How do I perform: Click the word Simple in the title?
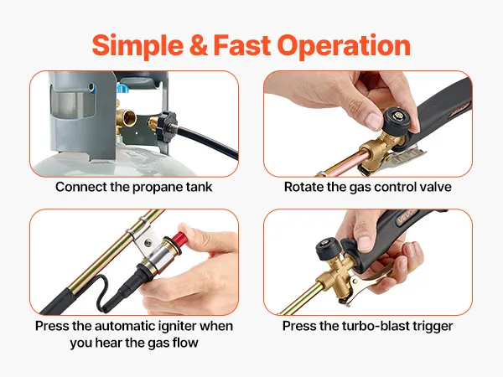(137, 45)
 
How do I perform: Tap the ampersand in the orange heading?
(198, 45)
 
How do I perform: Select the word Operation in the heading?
(344, 46)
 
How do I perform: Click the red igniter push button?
(179, 237)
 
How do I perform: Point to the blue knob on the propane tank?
(122, 87)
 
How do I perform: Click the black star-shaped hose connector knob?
(166, 124)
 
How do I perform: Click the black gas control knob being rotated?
(395, 121)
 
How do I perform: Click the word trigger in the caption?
(434, 327)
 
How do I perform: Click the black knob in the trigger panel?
(327, 248)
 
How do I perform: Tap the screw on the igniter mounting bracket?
(148, 243)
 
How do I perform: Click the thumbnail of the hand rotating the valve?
(368, 124)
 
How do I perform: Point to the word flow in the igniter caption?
(185, 343)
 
